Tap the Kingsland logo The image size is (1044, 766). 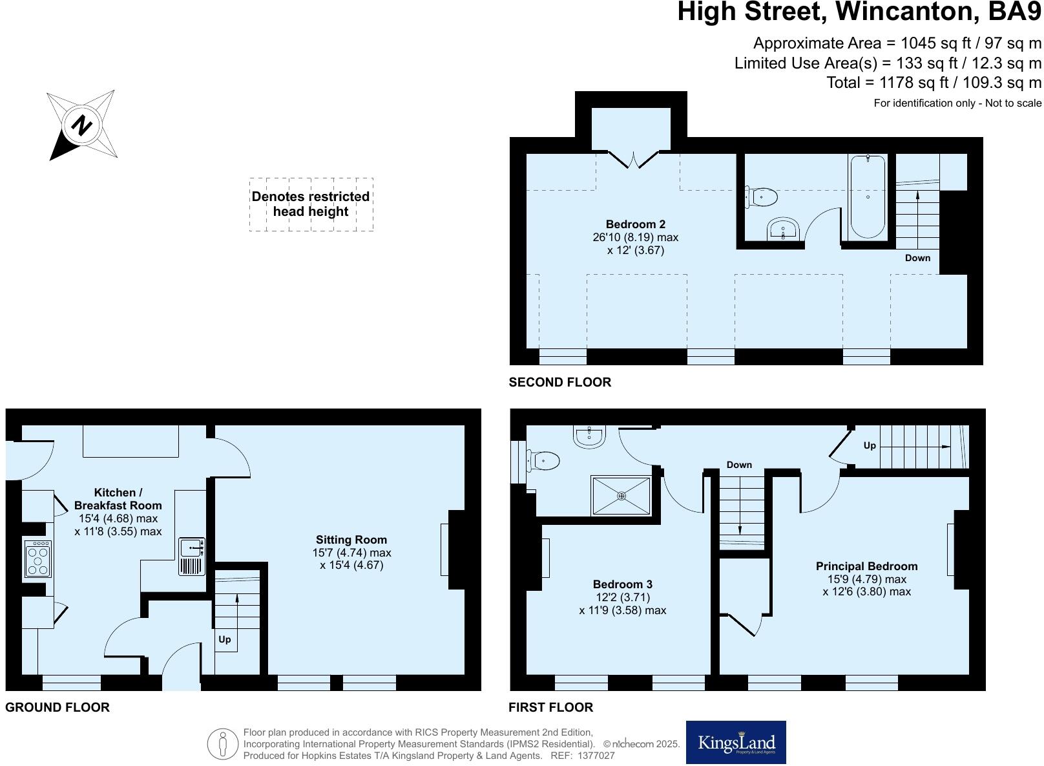point(736,742)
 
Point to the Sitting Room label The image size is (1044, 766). point(351,540)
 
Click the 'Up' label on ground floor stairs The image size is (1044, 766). point(224,639)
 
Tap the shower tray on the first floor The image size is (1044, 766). point(621,496)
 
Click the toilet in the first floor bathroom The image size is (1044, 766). point(543,461)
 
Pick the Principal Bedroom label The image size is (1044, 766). point(866,566)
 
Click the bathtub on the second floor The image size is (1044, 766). point(868,197)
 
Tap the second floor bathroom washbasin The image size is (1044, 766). point(784,229)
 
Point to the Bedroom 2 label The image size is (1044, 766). point(635,224)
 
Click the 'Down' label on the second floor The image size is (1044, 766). point(917,258)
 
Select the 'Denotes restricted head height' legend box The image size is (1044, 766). point(311,204)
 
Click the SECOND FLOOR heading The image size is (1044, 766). point(559,382)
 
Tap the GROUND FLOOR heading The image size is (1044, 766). point(57,707)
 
